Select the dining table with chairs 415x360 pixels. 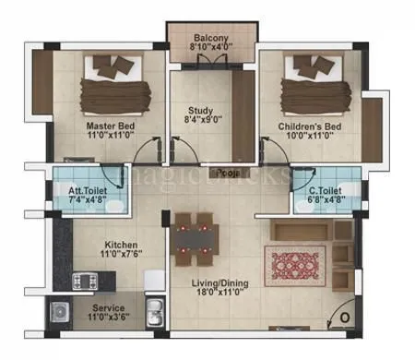coord(194,236)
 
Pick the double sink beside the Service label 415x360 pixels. coord(154,311)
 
